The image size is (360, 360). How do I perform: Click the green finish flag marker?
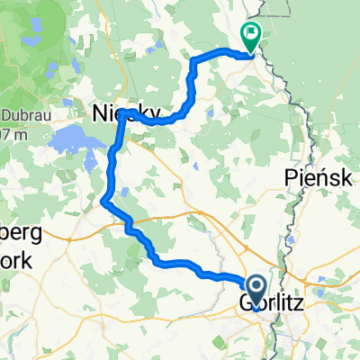pos(248,36)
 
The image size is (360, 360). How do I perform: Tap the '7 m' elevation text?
pos(9,132)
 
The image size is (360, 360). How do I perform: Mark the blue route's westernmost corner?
pos(105,201)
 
